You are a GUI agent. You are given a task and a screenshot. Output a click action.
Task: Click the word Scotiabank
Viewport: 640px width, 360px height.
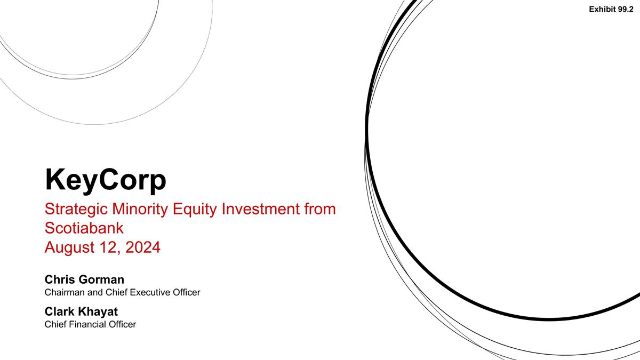coord(84,228)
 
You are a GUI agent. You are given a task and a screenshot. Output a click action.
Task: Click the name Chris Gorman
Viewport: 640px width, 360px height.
coord(84,280)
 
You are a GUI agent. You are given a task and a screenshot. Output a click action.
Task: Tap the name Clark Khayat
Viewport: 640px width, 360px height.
coord(81,311)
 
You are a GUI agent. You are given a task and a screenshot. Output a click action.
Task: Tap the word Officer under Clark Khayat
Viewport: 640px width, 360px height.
coord(123,324)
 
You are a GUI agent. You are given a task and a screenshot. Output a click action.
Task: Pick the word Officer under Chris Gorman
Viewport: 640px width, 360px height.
coord(186,292)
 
